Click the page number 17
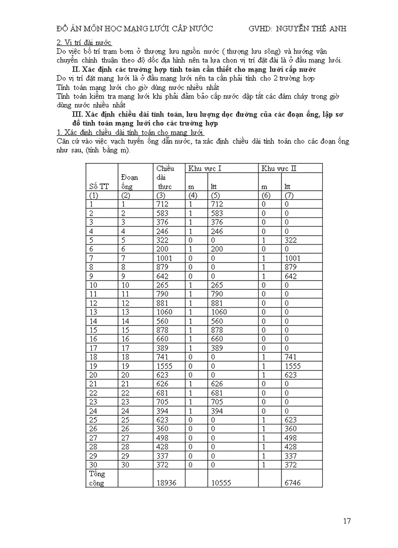click(x=347, y=521)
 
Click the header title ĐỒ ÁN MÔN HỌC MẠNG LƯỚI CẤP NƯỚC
click(x=135, y=28)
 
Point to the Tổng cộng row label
click(x=98, y=478)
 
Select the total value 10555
click(x=221, y=483)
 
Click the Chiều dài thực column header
click(x=165, y=177)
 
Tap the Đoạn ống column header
click(x=130, y=182)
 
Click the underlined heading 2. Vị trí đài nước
click(x=84, y=43)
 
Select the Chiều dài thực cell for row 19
click(x=164, y=365)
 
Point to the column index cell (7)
click(x=290, y=195)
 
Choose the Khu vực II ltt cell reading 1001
click(x=293, y=258)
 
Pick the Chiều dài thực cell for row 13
click(x=164, y=312)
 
